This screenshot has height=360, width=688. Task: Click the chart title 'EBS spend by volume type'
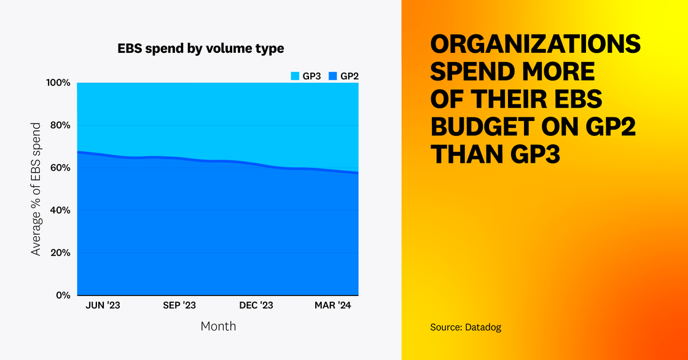click(x=201, y=48)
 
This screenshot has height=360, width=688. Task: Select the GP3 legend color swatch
click(x=295, y=76)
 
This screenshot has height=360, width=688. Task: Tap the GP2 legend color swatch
click(x=332, y=76)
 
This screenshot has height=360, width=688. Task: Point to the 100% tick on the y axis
click(x=58, y=83)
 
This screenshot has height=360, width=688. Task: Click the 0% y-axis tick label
click(x=63, y=295)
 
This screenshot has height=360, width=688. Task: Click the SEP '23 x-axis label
click(x=179, y=305)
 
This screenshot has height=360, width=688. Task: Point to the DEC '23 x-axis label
click(x=256, y=305)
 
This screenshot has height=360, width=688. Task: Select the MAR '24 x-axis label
click(x=334, y=305)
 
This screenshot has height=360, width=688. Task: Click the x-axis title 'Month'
click(x=218, y=326)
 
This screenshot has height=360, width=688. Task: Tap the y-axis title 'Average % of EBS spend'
click(x=37, y=189)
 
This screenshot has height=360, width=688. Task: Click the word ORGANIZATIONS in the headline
click(x=535, y=45)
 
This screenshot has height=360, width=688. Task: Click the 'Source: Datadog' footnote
click(x=466, y=327)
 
